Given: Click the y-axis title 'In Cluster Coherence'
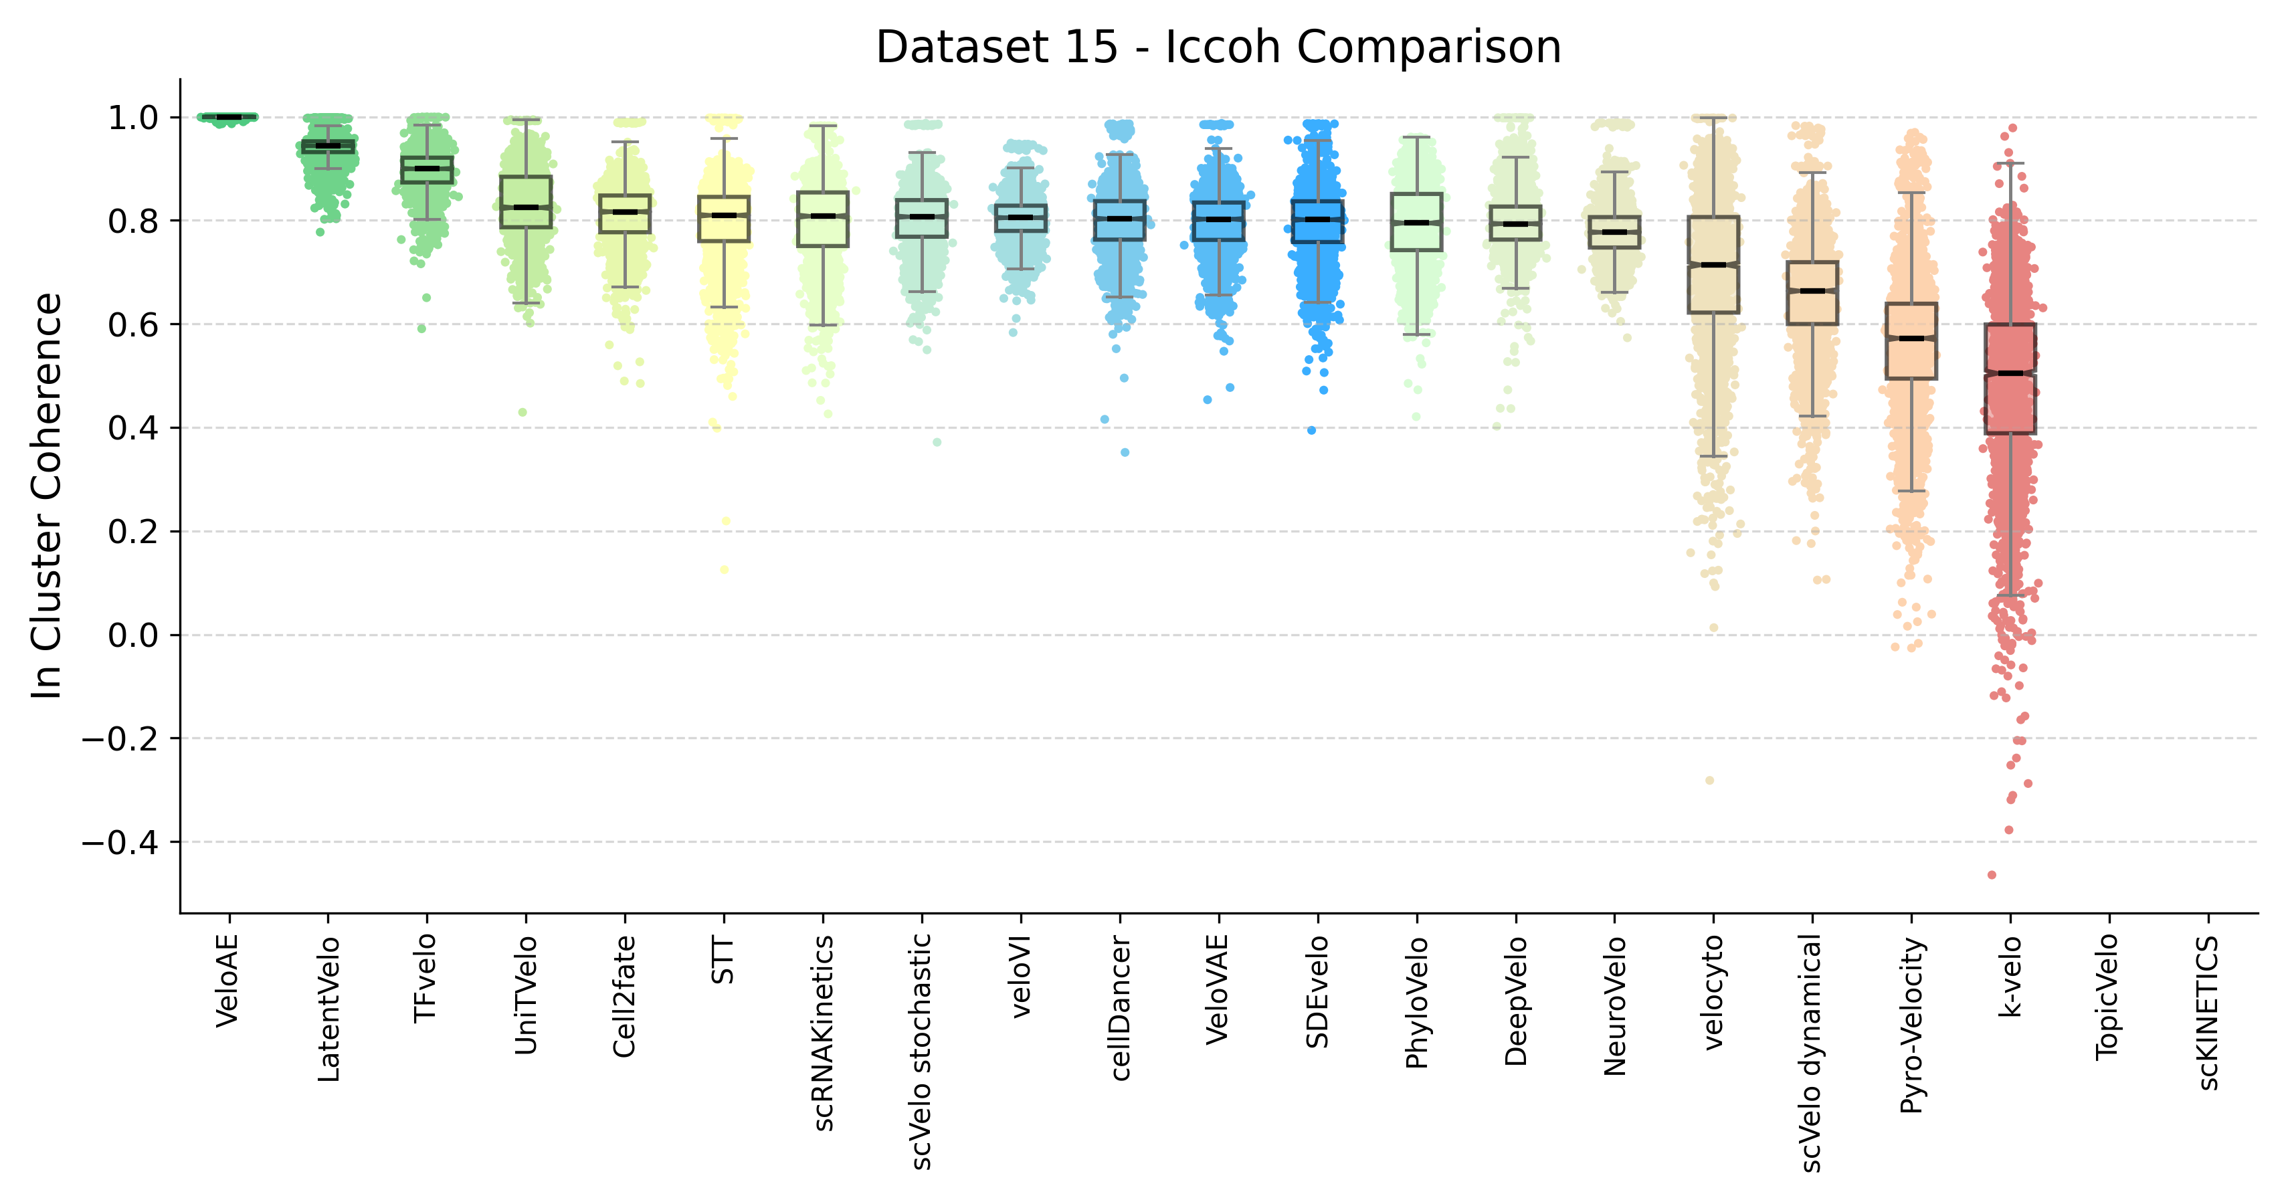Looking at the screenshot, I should (46, 496).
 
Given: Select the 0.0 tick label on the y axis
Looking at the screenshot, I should (133, 635).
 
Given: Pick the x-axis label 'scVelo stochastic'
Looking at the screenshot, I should (922, 1051).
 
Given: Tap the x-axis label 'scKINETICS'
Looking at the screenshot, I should (2208, 1012).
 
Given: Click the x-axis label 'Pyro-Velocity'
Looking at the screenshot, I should (1911, 1025).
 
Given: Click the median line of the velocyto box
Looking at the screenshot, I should (1713, 265).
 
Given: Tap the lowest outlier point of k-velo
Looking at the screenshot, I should (1992, 875).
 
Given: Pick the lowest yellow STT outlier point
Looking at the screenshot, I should (725, 569).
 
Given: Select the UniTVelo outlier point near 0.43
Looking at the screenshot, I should (523, 412).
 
